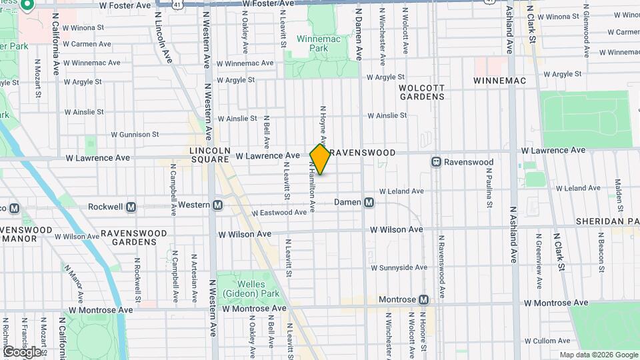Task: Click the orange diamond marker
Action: pyautogui.click(x=321, y=159)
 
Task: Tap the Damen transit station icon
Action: pyautogui.click(x=369, y=202)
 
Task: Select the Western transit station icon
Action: pyautogui.click(x=217, y=205)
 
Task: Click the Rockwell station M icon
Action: pyautogui.click(x=131, y=207)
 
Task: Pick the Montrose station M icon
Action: pyautogui.click(x=424, y=300)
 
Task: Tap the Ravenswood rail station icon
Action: pyautogui.click(x=436, y=162)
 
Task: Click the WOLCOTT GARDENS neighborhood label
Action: pyautogui.click(x=421, y=92)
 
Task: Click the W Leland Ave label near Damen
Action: pyautogui.click(x=401, y=191)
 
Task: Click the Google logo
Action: pyautogui.click(x=22, y=351)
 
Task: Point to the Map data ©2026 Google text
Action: pyautogui.click(x=599, y=355)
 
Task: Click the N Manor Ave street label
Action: pyautogui.click(x=74, y=281)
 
